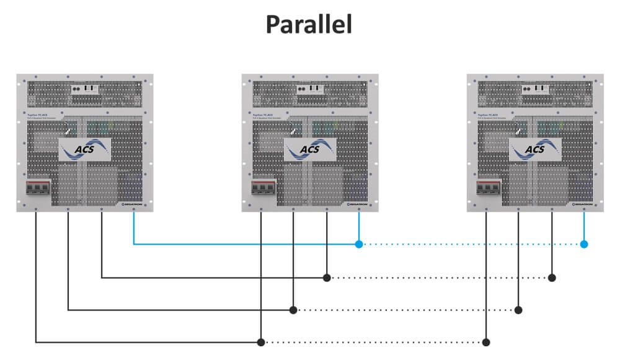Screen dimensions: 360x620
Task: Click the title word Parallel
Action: click(309, 25)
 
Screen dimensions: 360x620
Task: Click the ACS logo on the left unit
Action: click(85, 149)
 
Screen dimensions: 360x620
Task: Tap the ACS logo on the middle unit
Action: click(310, 149)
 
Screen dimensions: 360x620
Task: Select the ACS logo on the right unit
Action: click(535, 149)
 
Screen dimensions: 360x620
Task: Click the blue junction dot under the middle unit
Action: click(359, 244)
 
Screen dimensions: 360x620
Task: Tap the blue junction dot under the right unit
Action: click(584, 244)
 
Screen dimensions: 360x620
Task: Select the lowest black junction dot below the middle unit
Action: click(261, 341)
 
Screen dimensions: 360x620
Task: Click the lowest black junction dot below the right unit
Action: click(486, 341)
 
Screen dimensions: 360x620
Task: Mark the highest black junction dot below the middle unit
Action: click(327, 278)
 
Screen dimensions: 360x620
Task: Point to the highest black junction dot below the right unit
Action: click(552, 278)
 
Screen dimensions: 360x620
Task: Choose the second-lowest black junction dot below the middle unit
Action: click(294, 309)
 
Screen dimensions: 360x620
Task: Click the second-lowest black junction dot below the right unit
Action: click(519, 309)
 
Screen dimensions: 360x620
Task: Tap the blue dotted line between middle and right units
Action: click(471, 244)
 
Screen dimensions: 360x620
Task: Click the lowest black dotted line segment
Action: click(372, 341)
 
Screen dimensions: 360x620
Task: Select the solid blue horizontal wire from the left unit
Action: click(248, 244)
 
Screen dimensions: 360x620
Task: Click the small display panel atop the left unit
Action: click(85, 89)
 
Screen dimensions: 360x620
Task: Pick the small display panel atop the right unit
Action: click(535, 89)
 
